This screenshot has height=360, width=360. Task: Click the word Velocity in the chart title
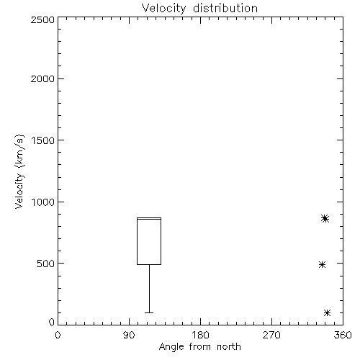point(164,9)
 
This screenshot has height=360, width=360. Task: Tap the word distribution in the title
point(225,8)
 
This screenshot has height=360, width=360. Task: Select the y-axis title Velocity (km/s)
point(19,171)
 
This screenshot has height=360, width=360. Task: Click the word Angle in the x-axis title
point(171,347)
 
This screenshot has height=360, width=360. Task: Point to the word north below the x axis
point(229,346)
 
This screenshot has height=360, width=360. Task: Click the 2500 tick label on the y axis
point(42,19)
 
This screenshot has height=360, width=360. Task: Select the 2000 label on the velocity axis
point(42,78)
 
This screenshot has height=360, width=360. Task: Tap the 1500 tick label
point(43,140)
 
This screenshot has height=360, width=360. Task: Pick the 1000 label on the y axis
point(43,202)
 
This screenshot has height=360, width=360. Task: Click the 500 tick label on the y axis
point(46,264)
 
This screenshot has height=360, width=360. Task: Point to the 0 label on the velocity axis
point(52,322)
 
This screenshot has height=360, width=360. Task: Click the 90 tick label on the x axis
point(129,335)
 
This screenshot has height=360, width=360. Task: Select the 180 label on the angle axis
point(200,335)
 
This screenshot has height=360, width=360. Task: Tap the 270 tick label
point(271,335)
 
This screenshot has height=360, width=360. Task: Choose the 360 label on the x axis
point(343,335)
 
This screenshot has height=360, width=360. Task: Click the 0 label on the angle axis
point(58,335)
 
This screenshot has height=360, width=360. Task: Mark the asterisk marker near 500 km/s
point(322,265)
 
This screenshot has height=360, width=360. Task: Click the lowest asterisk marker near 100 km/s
point(327,312)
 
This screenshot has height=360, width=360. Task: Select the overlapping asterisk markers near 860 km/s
point(325,218)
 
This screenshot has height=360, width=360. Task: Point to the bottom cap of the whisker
point(149,312)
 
